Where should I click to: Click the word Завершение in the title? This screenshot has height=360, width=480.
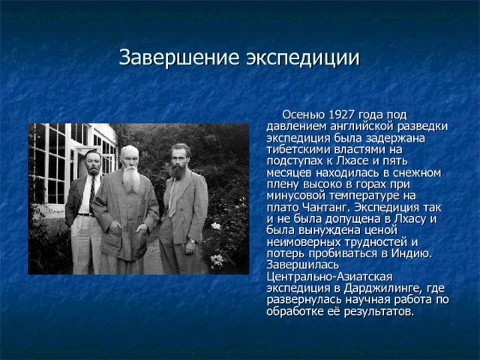point(179,57)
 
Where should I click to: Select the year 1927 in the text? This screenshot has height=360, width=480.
point(341,115)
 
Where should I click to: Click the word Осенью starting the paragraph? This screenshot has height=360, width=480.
point(303,115)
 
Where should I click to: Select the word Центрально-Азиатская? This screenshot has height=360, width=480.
point(329,277)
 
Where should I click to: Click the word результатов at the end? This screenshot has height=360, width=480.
point(379,312)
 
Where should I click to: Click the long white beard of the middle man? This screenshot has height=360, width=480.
point(132,179)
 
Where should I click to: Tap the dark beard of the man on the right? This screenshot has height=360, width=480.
point(178,172)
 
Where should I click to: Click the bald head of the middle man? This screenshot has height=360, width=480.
point(129,151)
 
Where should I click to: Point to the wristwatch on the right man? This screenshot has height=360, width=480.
point(192,241)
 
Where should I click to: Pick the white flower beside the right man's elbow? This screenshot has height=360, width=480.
point(216,226)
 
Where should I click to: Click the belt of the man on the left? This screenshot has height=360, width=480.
point(86,215)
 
